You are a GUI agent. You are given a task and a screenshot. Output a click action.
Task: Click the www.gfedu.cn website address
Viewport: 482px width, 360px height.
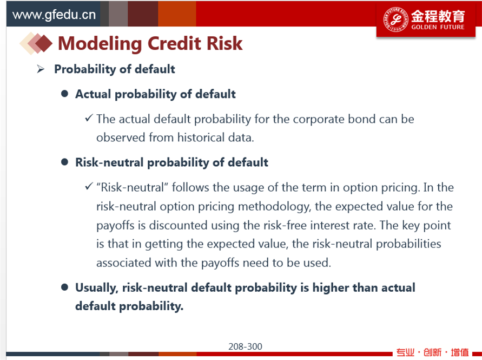click(54, 15)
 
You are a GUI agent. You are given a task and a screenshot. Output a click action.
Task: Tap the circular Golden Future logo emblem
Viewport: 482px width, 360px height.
click(395, 19)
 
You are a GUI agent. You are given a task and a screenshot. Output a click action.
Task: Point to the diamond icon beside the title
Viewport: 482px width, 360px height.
click(36, 43)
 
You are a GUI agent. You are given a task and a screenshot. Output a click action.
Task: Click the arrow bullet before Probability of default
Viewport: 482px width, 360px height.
click(41, 69)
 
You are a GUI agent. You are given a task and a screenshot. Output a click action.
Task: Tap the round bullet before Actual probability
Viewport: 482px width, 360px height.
click(64, 94)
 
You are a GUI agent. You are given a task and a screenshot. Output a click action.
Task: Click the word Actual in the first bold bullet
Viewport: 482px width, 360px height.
click(93, 94)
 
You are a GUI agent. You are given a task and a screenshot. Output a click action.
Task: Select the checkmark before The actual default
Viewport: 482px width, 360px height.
click(89, 118)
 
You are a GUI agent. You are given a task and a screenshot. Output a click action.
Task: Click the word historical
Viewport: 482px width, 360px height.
click(201, 137)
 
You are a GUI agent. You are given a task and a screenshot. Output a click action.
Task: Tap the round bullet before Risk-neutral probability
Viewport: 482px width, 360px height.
click(64, 162)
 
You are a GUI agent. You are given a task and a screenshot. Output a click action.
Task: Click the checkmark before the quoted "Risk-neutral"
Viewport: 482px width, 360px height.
click(89, 186)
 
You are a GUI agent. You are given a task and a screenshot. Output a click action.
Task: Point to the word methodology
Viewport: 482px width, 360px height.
click(274, 206)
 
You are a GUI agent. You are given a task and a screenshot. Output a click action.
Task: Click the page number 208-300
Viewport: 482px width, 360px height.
click(245, 346)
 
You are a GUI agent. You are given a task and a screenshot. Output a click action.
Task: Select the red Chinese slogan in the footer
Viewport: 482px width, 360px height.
click(433, 352)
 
